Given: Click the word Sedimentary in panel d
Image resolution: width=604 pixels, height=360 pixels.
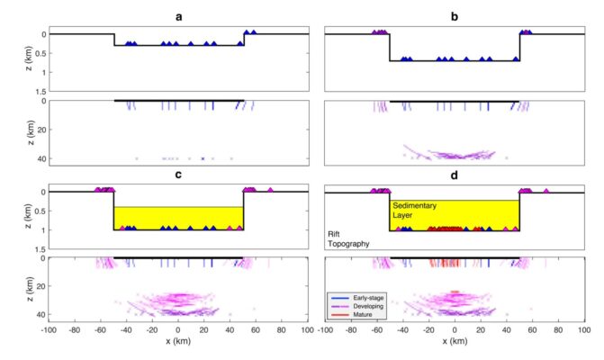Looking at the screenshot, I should tap(414, 205).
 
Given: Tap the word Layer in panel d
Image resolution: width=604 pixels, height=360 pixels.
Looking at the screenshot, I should tap(402, 215).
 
